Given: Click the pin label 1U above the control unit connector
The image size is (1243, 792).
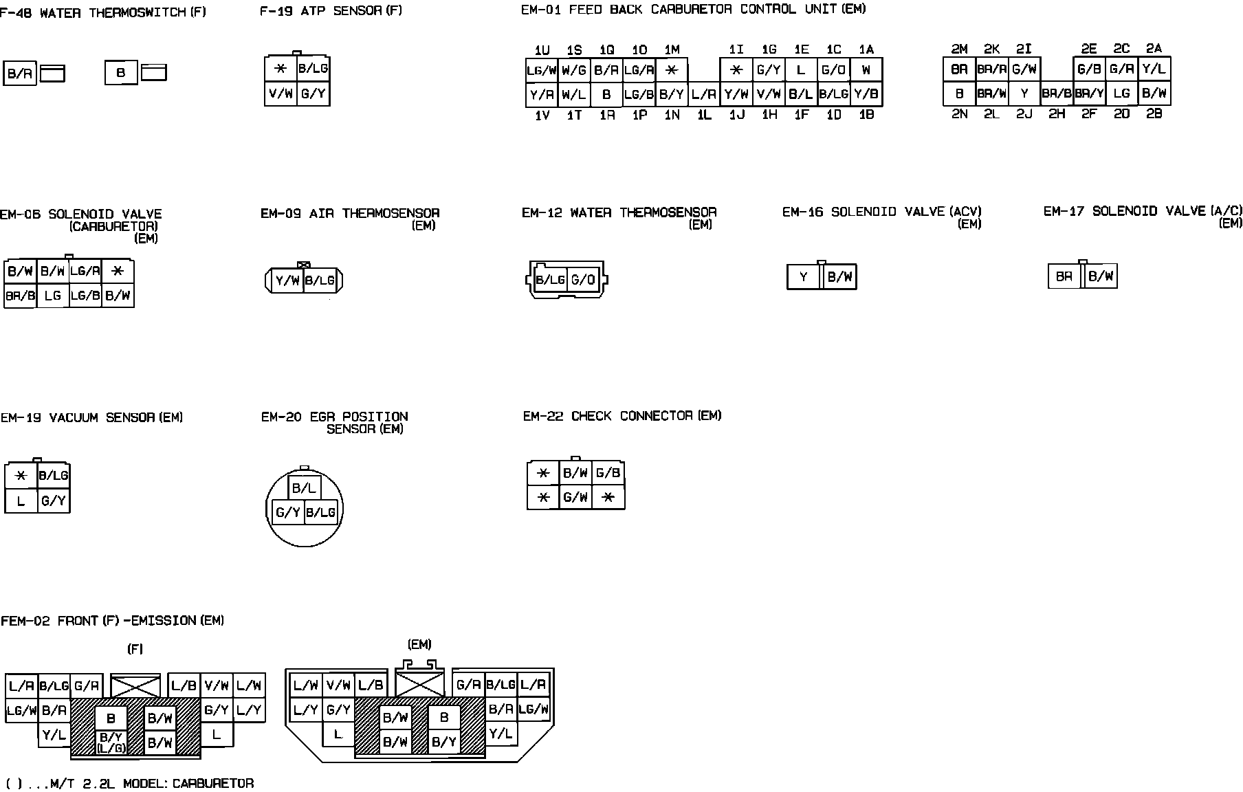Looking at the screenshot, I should pos(542,50).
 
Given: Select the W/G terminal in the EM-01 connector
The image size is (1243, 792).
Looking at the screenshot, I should pos(574,70).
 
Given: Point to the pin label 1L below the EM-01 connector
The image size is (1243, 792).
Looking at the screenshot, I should pos(704,115).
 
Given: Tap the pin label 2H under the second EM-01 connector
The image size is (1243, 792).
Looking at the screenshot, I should pos(1057,114).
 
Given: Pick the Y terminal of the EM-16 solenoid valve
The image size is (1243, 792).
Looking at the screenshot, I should pos(804,277).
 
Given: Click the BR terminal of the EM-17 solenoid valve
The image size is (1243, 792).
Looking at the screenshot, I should pos(1064,276).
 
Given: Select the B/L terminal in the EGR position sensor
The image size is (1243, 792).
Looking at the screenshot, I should pos(303,488).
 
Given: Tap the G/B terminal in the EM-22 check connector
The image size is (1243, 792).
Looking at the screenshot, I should pos(608,473).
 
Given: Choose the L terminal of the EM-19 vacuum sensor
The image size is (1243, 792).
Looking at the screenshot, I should pos(21,501).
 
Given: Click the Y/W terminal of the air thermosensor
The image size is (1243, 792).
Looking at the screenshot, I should pos(287,280).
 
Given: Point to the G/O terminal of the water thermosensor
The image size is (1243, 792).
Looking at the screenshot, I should pos(583,280).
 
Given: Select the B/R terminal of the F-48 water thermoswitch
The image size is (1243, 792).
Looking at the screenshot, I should pos(20,74).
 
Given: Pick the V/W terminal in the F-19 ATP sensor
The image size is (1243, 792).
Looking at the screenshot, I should pos(280,93).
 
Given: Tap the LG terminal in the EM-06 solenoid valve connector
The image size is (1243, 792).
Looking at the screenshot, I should pos(52,296).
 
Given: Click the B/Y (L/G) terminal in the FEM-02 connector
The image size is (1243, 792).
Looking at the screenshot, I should pos(111,742).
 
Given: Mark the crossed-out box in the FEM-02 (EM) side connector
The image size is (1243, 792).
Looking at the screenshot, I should pos(421,684).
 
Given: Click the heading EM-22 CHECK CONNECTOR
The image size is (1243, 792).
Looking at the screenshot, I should pos(621,416).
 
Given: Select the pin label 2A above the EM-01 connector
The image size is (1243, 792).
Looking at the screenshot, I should pos(1154,49).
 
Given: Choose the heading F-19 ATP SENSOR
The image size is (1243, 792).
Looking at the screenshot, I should pos(331,10).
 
